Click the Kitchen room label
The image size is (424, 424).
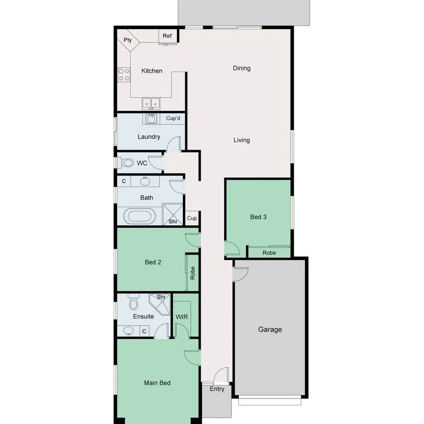[x=152, y=71]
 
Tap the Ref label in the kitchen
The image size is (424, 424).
[x=167, y=36]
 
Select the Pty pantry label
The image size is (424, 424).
[x=128, y=40]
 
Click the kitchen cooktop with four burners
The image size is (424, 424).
[x=124, y=75]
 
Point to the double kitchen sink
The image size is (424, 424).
[x=151, y=103]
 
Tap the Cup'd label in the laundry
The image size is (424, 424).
[x=173, y=118]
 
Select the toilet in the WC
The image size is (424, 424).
[x=126, y=163]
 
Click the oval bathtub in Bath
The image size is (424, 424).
[x=140, y=216]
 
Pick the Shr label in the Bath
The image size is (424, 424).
[x=173, y=222]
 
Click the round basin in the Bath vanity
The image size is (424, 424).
[x=145, y=181]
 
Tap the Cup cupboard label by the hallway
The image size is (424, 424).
[x=192, y=218]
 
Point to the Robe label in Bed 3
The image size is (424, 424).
[x=269, y=253]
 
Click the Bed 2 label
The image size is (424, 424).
[x=153, y=262]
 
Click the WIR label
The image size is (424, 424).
[x=182, y=317]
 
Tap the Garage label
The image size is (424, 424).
[x=270, y=330]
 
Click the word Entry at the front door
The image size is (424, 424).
[x=217, y=389]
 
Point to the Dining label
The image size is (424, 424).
[x=241, y=68]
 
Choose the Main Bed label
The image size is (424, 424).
[x=157, y=383]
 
